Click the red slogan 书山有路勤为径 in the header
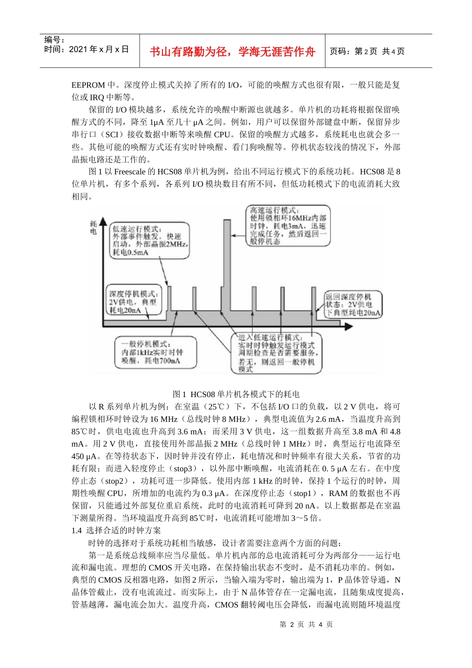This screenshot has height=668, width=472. click(x=233, y=52)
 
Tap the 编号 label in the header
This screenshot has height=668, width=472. click(x=54, y=40)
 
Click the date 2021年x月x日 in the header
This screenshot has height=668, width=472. click(x=87, y=49)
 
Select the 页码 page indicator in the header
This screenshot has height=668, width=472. click(x=367, y=52)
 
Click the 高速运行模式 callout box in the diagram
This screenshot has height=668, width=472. click(x=288, y=226)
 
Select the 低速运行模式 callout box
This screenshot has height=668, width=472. click(x=150, y=241)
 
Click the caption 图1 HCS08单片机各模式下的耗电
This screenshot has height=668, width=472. click(x=236, y=394)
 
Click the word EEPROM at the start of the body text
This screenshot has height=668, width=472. click(x=88, y=85)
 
